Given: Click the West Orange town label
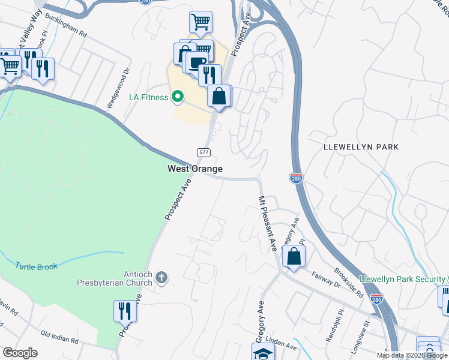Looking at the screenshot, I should tap(194, 169).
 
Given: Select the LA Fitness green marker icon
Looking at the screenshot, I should tap(177, 97).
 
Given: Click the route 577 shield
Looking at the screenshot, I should tap(203, 152).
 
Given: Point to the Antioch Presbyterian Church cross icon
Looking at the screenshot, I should tap(161, 277).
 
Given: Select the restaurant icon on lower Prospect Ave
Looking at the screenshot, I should tap(125, 311).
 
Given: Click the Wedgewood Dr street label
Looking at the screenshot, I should tap(118, 88).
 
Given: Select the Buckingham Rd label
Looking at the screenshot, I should tap(65, 27).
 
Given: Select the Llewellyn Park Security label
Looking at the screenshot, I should tap(402, 280).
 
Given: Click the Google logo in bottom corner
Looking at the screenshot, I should tap(20, 353).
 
